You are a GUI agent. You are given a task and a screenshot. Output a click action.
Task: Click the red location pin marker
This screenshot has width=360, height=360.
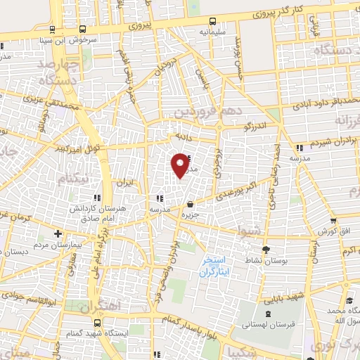(x=181, y=165)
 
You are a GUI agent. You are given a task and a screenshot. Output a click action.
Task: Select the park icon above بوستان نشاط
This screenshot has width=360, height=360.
(x=265, y=250)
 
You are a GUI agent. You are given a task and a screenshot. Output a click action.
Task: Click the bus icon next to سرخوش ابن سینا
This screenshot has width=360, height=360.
(x=83, y=30)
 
